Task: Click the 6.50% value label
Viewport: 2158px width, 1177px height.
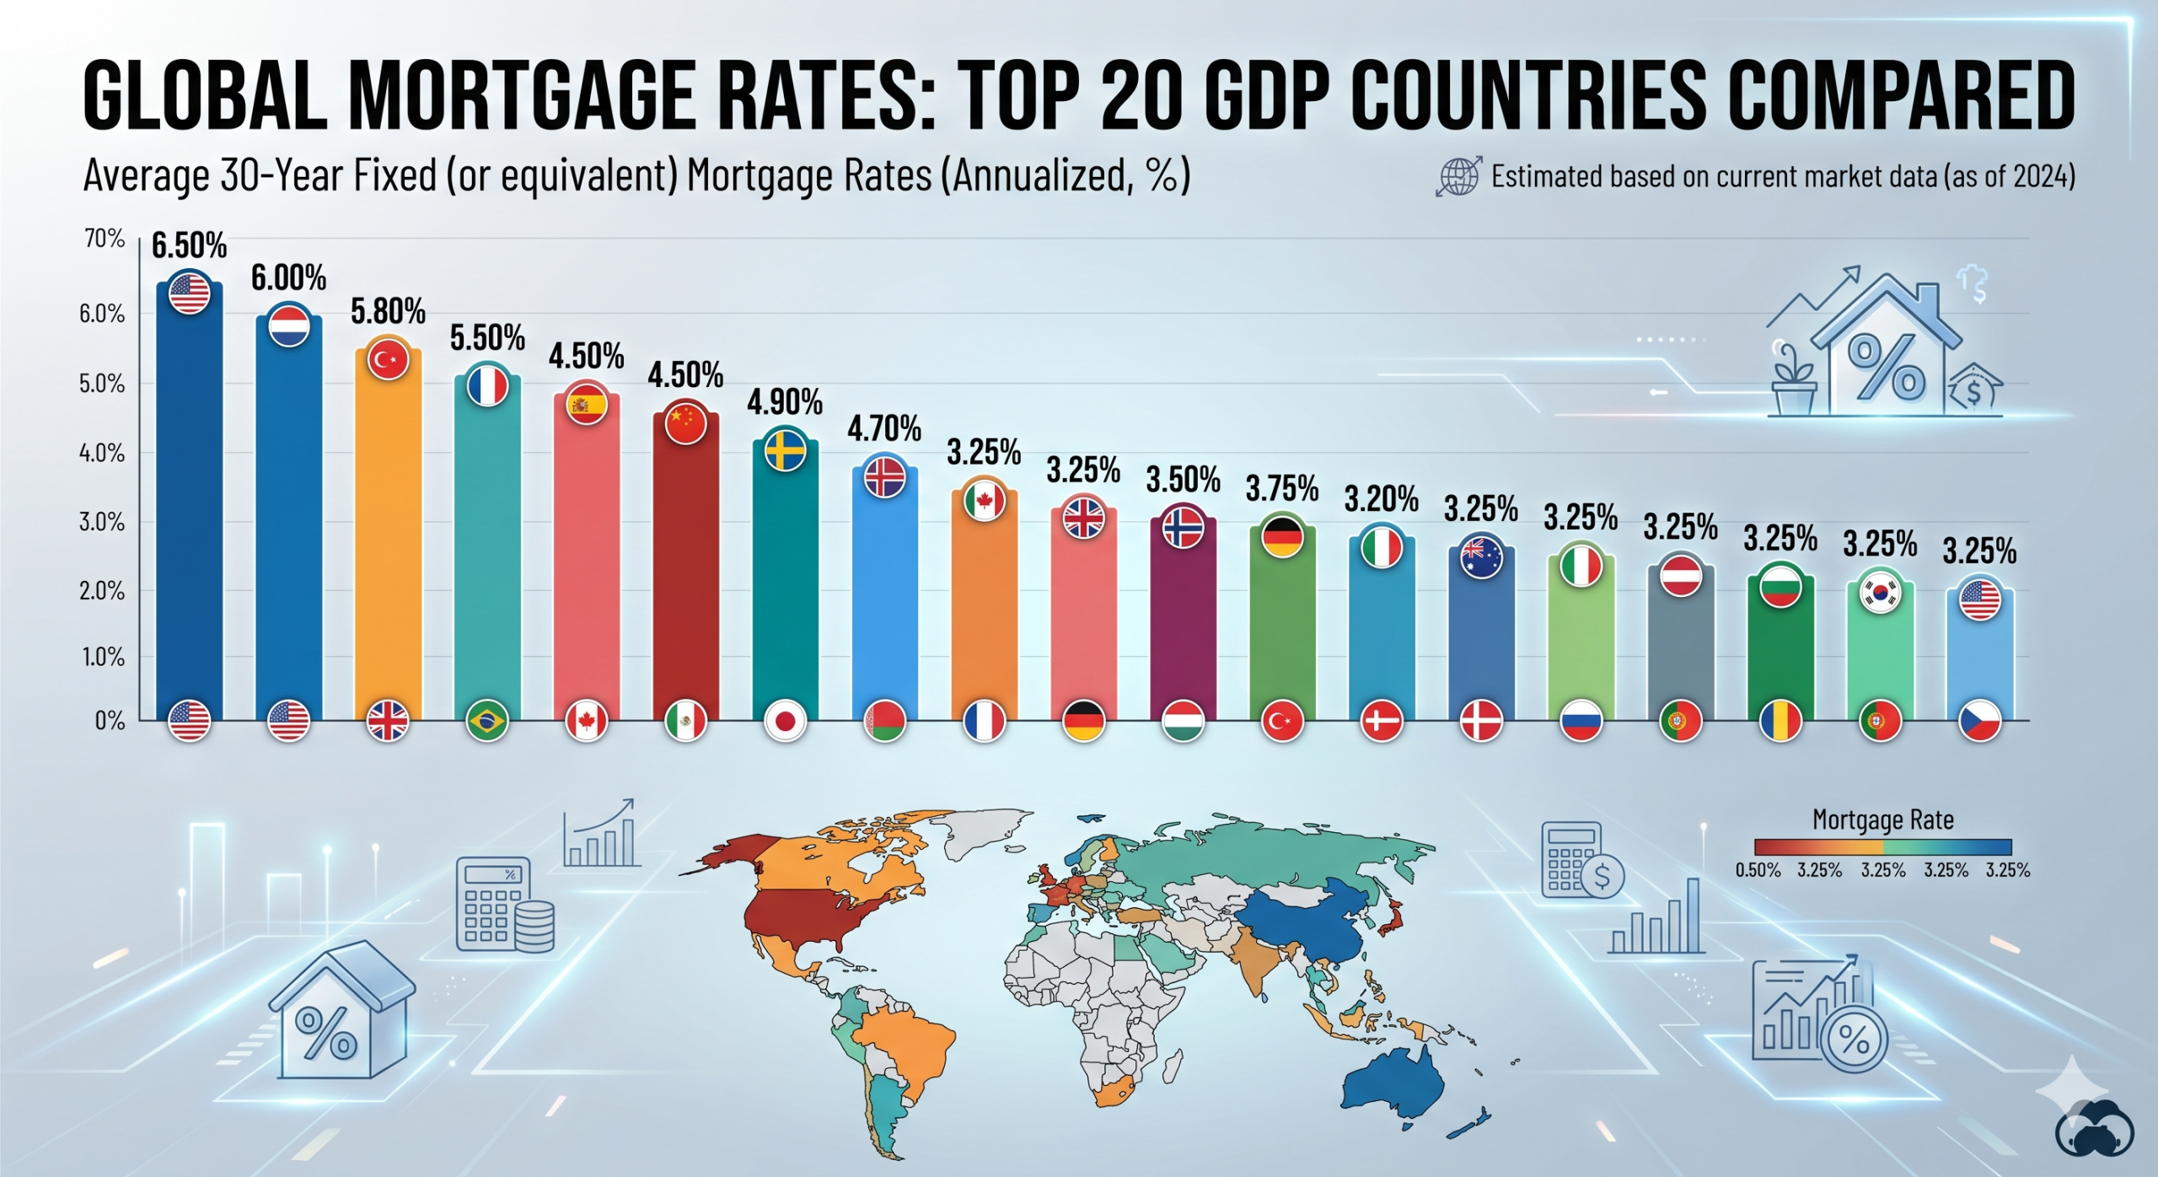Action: (189, 246)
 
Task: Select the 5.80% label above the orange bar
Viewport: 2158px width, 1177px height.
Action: (388, 312)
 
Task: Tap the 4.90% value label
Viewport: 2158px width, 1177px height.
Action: (785, 402)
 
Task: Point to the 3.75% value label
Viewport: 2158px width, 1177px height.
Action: (1282, 489)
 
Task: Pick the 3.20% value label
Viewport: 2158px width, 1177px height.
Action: (1381, 499)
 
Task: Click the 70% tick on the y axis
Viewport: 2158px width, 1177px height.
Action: (105, 239)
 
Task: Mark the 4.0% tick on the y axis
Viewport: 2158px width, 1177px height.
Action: (102, 454)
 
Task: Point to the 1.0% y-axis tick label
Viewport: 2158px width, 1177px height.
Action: (103, 657)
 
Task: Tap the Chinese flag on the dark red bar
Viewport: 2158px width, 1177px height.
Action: (685, 422)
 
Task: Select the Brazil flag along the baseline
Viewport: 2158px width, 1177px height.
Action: (487, 721)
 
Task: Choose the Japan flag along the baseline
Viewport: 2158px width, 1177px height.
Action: (785, 722)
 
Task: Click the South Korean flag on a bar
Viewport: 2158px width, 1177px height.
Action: (1880, 593)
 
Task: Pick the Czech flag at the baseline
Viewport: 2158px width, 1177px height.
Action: (1979, 722)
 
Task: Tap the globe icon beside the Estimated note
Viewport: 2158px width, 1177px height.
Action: (1458, 176)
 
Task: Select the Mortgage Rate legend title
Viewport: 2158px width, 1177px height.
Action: (1882, 820)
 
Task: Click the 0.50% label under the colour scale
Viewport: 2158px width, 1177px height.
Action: (1758, 870)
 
